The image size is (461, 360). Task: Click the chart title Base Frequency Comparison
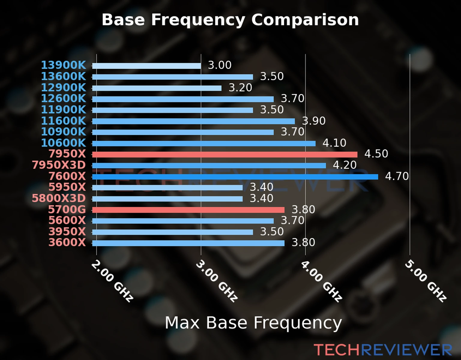click(x=230, y=20)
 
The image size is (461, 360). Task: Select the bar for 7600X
click(x=235, y=177)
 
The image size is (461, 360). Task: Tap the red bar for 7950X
click(x=225, y=154)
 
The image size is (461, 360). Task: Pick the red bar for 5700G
click(x=188, y=210)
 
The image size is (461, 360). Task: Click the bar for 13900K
click(x=146, y=66)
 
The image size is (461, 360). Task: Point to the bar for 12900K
click(x=157, y=88)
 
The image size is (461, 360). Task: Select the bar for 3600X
click(x=188, y=243)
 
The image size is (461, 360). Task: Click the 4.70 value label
click(x=397, y=176)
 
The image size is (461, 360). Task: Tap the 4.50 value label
click(x=376, y=154)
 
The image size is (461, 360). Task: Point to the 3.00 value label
click(x=220, y=65)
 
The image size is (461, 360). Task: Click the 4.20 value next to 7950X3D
click(x=345, y=165)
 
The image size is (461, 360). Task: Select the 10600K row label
click(x=63, y=143)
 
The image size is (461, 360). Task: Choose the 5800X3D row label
click(x=59, y=198)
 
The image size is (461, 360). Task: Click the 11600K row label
click(x=63, y=121)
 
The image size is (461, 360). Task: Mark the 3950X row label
click(x=67, y=232)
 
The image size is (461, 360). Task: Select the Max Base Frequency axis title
click(x=253, y=323)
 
